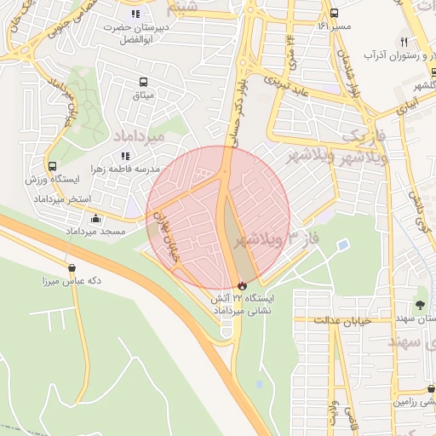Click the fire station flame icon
243,285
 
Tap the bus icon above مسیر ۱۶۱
334,13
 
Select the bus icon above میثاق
143,83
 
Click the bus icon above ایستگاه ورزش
53,167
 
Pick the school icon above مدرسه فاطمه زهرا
126,156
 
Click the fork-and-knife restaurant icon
404,42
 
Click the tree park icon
421,304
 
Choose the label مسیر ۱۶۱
333,26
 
